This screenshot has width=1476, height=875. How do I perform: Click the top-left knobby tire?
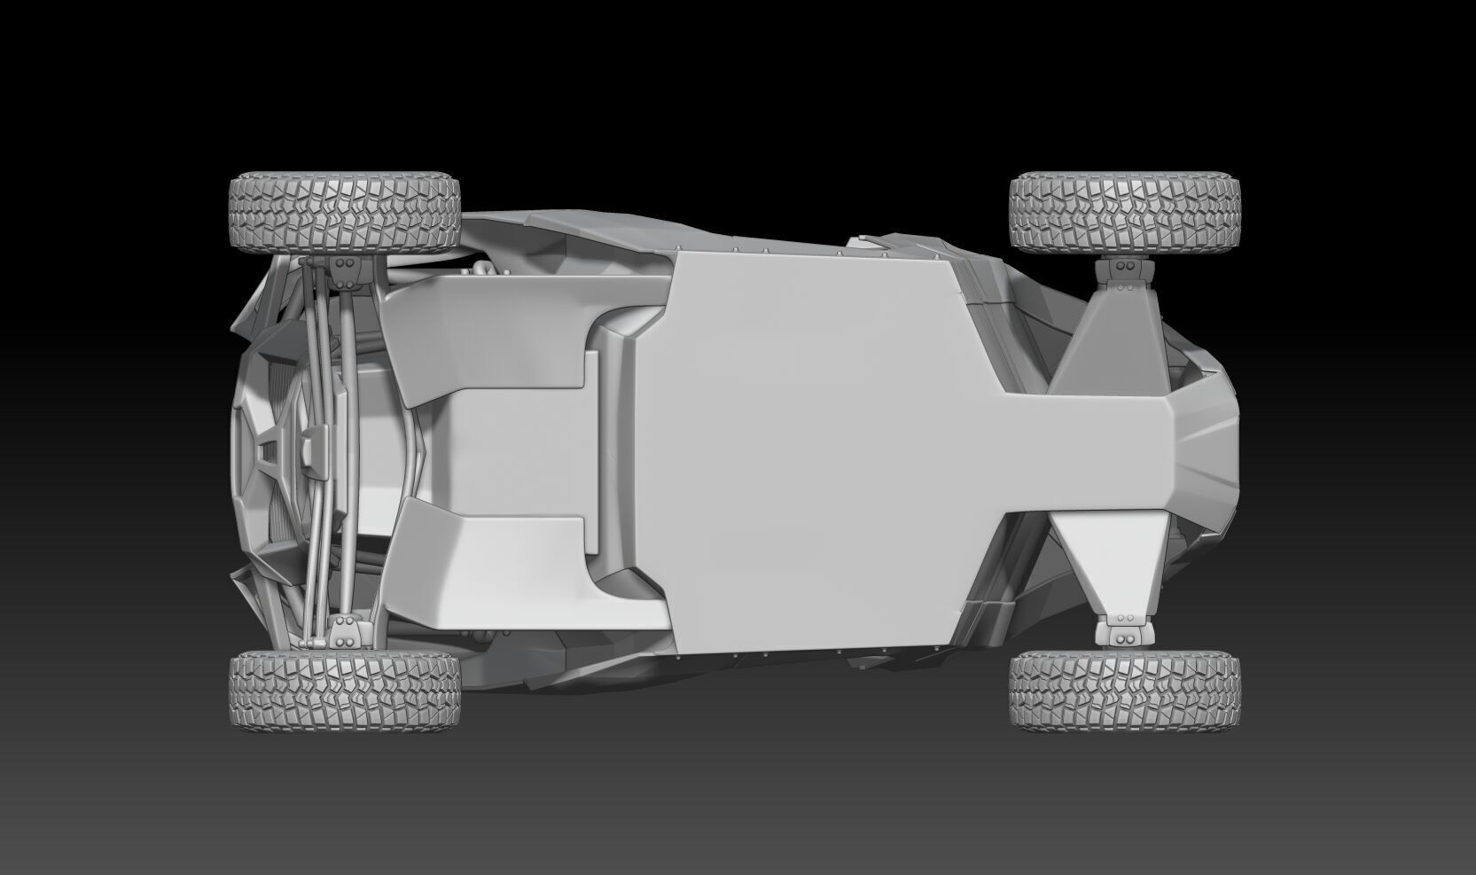coord(345,212)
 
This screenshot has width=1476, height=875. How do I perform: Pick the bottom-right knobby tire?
coord(1124,691)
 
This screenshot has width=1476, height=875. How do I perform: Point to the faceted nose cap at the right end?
coord(1206,452)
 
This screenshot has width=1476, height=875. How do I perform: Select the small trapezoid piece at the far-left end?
coord(267,453)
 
